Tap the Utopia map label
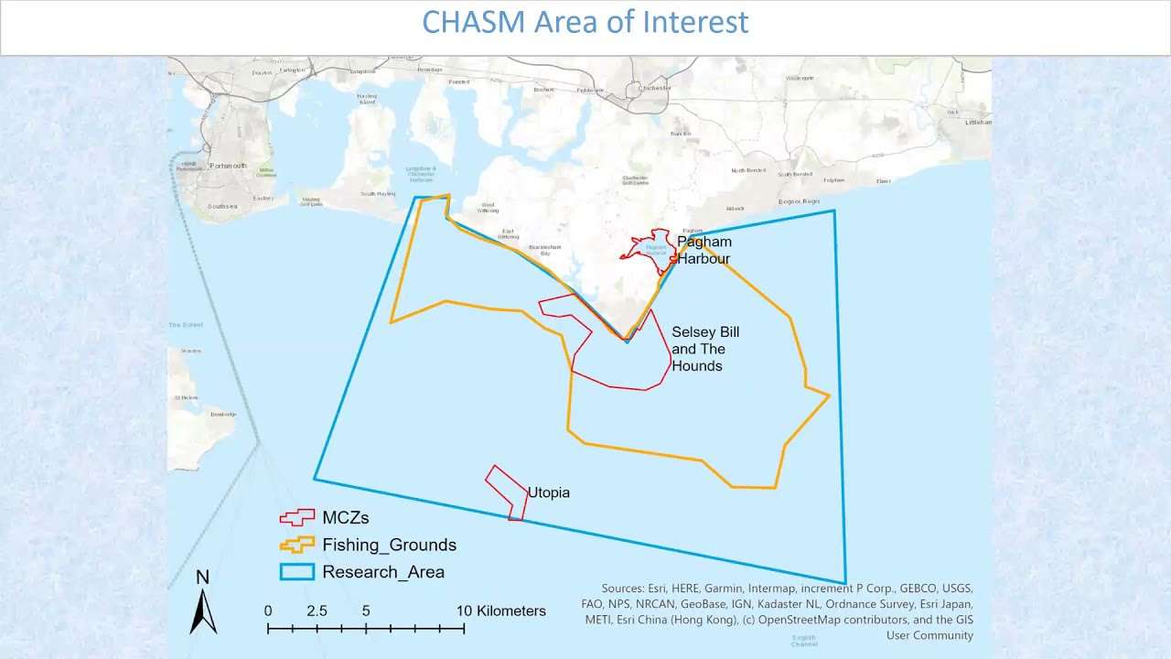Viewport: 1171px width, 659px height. (548, 492)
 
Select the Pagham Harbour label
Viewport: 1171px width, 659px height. (704, 250)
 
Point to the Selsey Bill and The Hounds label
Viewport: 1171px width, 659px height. (705, 349)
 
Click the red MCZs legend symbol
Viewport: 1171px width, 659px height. (296, 517)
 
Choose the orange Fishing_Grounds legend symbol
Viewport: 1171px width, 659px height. (296, 545)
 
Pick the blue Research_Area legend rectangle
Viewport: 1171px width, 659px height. (296, 572)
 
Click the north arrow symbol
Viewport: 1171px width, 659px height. (203, 611)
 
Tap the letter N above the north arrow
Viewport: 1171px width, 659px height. (203, 577)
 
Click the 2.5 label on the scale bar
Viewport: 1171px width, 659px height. (317, 610)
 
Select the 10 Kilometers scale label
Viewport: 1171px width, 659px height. (501, 610)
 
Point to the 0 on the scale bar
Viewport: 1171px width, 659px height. (268, 610)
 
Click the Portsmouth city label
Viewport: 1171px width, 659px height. (228, 166)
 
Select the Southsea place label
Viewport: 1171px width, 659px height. (222, 206)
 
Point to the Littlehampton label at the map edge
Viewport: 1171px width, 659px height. (978, 122)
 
